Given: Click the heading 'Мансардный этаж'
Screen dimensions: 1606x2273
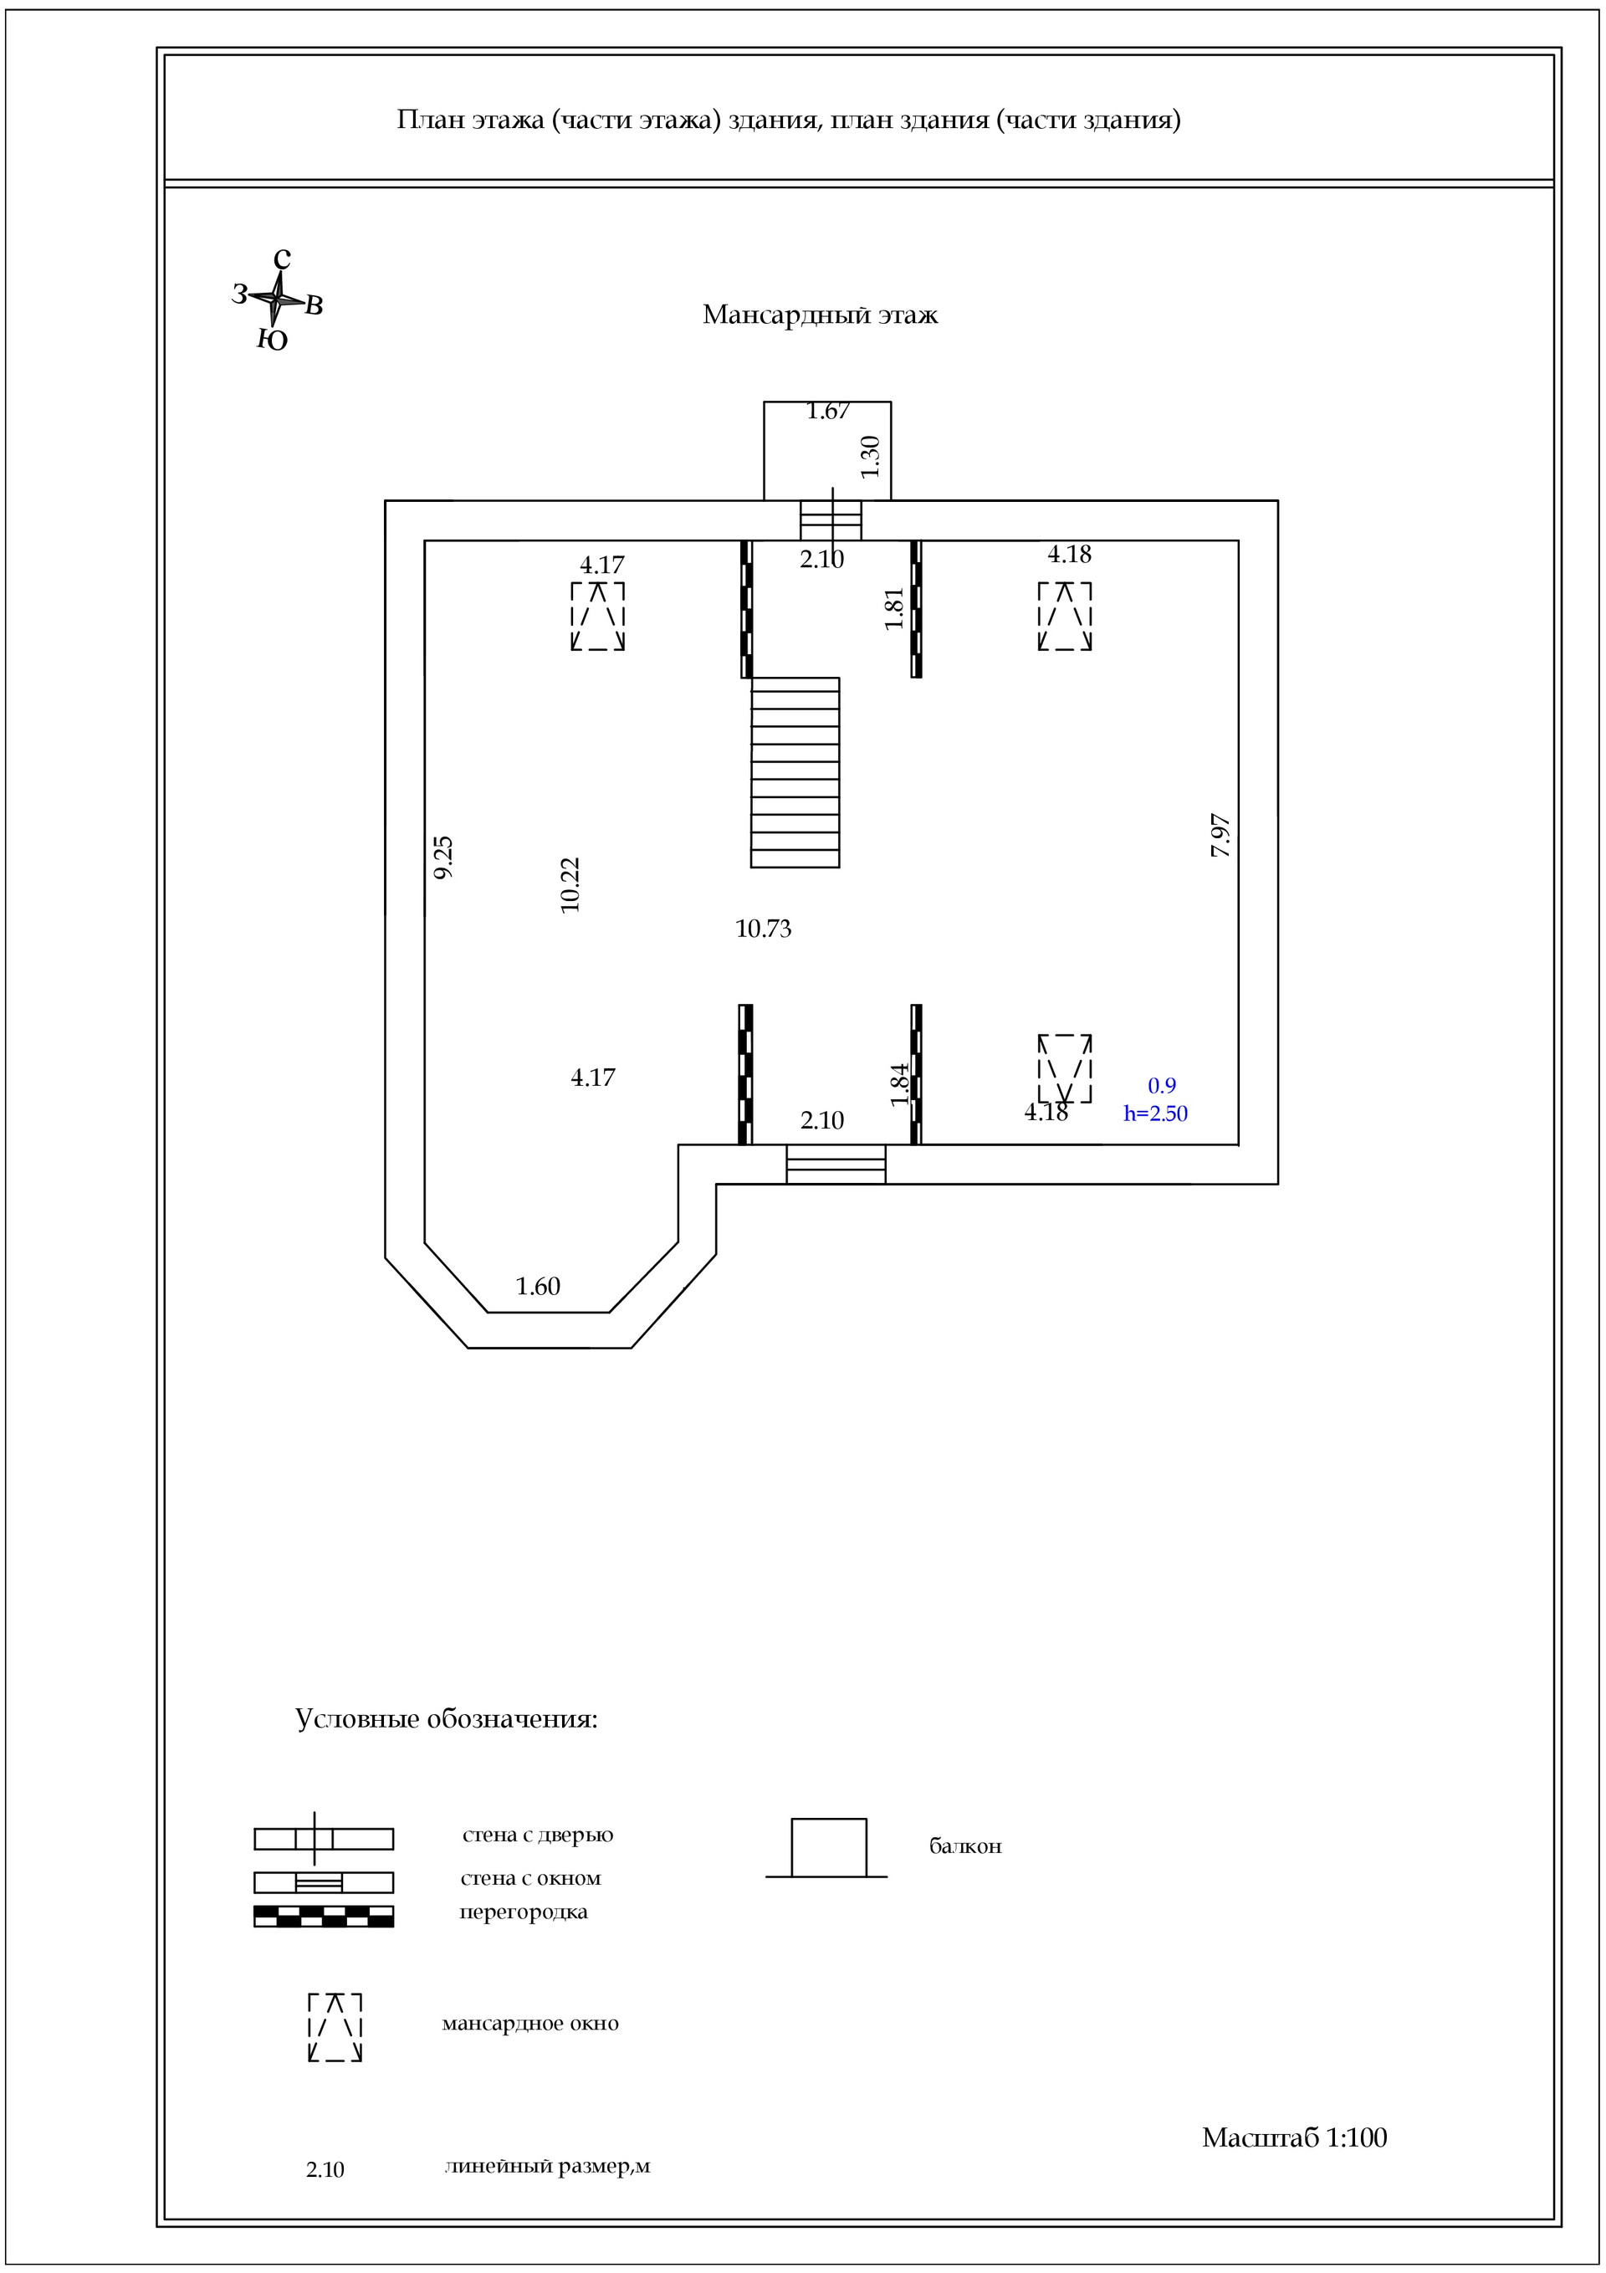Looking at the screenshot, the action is (820, 315).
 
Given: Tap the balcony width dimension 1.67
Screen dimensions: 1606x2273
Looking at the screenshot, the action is (828, 411).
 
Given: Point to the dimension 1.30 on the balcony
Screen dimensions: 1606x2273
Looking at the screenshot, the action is (870, 457).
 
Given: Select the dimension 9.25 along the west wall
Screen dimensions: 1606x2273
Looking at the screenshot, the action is (443, 857).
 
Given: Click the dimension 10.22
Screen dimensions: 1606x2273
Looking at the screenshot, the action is (570, 884).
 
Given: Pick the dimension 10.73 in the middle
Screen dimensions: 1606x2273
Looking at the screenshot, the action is (764, 929).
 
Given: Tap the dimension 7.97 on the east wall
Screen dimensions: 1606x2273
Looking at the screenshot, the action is (1221, 835).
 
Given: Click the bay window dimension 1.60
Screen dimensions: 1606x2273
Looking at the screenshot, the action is (538, 1286).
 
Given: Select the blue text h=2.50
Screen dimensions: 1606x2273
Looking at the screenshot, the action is (1155, 1113).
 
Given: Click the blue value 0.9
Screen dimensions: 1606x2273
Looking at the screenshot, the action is (1162, 1086).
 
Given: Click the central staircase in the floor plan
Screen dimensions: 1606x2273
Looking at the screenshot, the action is (795, 772).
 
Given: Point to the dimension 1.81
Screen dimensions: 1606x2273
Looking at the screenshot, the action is (895, 609).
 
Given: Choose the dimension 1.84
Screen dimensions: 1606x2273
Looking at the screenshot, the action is (899, 1084).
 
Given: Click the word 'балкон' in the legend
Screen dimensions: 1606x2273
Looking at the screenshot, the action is (965, 1846).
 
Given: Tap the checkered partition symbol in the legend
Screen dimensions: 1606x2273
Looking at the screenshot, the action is (324, 1916).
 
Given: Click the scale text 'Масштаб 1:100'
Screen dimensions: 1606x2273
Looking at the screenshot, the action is (1294, 2137).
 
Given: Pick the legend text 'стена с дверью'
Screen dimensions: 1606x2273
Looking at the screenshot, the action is (538, 1835).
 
